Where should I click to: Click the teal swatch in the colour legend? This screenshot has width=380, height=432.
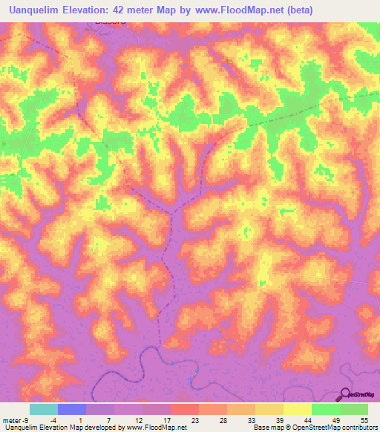pyautogui.click(x=44, y=409)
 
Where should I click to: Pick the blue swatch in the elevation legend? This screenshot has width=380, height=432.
pyautogui.click(x=72, y=409)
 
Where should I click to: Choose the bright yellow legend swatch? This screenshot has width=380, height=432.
pyautogui.click(x=298, y=409)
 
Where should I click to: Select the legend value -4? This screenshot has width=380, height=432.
pyautogui.click(x=53, y=420)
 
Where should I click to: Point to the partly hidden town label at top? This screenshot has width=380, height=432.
pyautogui.click(x=110, y=22)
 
